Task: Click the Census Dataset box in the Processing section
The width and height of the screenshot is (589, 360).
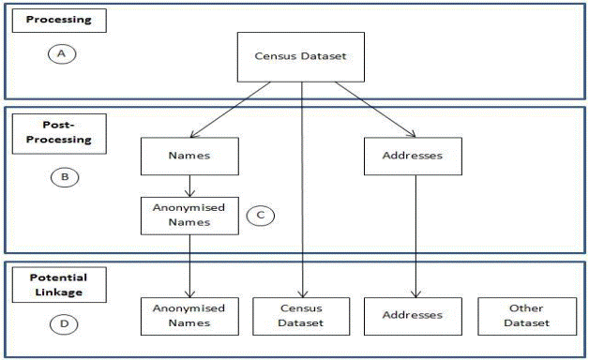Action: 301,56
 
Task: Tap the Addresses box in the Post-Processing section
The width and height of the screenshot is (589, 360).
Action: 414,157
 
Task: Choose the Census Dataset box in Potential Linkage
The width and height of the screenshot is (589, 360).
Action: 301,315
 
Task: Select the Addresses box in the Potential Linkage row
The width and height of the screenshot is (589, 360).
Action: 414,315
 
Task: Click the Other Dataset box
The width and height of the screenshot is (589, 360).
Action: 525,315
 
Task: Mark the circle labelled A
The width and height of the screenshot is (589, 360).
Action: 61,54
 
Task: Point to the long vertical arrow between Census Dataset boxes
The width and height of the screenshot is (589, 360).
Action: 301,187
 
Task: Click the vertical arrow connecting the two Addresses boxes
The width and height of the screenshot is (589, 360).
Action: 414,234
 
